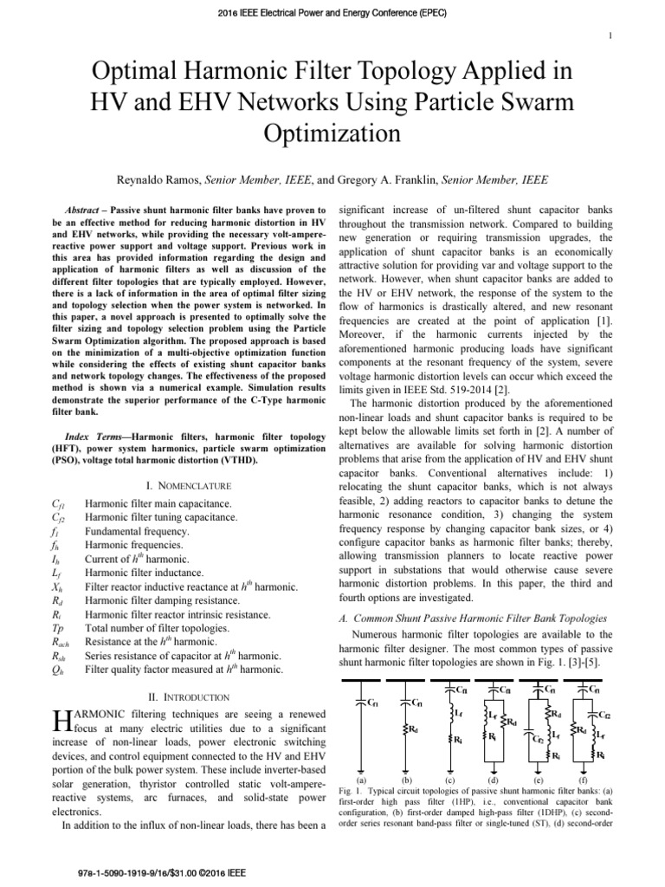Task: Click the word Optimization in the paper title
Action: [x=332, y=133]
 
